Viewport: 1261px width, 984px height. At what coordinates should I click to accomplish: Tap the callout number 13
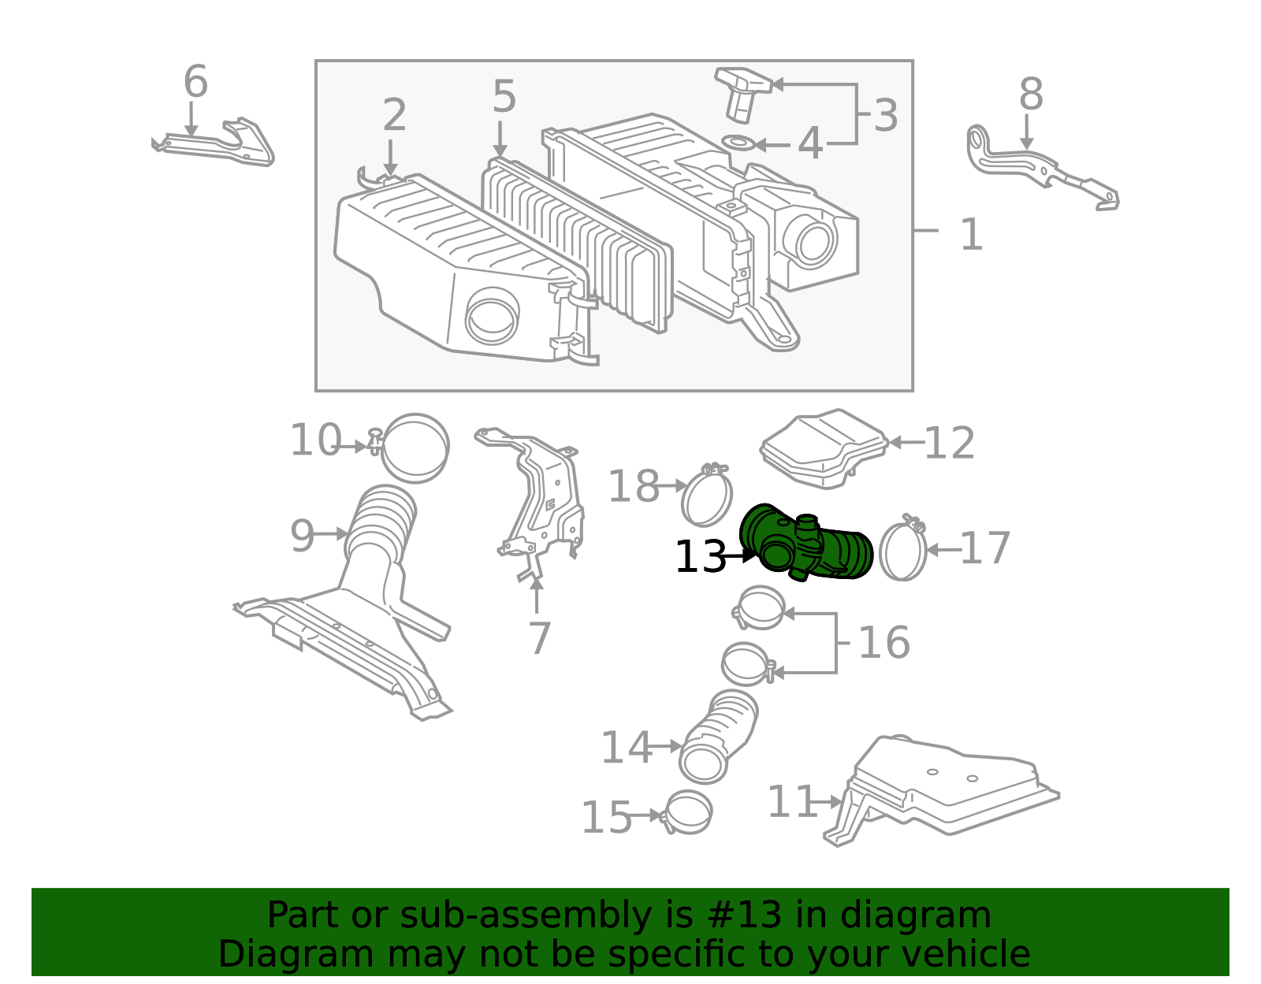pyautogui.click(x=701, y=557)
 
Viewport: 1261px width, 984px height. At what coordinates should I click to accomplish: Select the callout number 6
pyautogui.click(x=195, y=81)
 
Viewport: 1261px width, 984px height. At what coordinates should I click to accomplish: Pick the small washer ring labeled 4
pyautogui.click(x=738, y=143)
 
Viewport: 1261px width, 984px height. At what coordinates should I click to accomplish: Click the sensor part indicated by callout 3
pyautogui.click(x=742, y=94)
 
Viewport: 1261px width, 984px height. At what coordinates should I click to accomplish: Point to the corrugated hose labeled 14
pyautogui.click(x=719, y=737)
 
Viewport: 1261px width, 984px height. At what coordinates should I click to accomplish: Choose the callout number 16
pyautogui.click(x=883, y=642)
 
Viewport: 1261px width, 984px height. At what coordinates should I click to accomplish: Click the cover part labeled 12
pyautogui.click(x=824, y=447)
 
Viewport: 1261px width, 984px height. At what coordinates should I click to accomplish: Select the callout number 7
pyautogui.click(x=540, y=638)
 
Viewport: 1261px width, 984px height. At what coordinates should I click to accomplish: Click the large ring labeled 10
pyautogui.click(x=415, y=447)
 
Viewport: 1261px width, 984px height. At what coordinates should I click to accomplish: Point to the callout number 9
pyautogui.click(x=302, y=536)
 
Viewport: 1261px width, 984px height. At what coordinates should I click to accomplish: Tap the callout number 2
pyautogui.click(x=395, y=114)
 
